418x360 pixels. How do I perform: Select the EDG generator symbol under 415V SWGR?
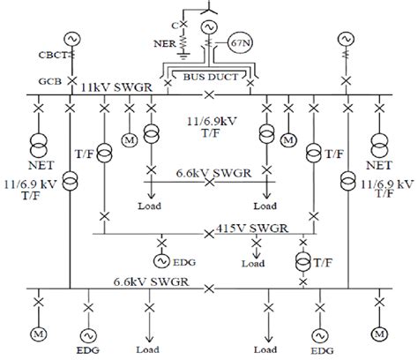click(162, 259)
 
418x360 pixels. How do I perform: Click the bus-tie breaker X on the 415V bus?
click(208, 234)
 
